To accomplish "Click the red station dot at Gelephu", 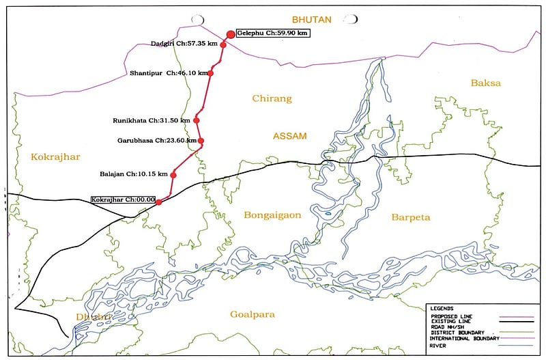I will point(231,33).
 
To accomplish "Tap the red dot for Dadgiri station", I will point(223,45).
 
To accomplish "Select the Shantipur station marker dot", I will point(210,73).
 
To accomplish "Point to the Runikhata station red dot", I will point(197,120).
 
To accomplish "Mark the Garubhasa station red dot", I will point(201,141).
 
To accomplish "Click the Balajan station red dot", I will point(173,175).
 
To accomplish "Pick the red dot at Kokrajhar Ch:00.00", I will point(159,202).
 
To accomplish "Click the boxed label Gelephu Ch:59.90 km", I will point(272,32).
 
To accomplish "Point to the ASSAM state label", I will point(290,137).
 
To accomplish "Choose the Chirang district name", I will point(272,98).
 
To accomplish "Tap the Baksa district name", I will point(485,83).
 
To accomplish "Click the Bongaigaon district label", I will point(272,215).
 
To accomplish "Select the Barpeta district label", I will point(411,217).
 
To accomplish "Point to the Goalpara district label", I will point(259,314).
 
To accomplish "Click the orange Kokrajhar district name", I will point(55,157).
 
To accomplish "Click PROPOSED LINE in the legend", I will point(452,316).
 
